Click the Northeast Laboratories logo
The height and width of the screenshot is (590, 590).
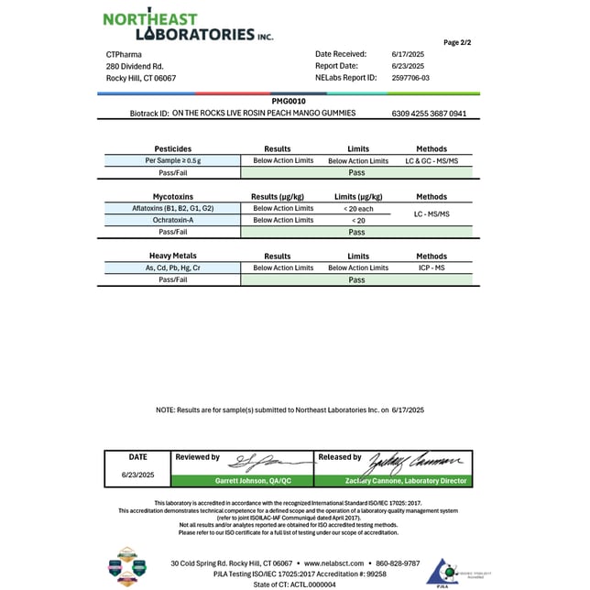(188, 26)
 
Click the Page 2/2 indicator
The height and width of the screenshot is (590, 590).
(457, 42)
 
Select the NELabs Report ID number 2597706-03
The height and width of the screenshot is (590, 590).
(410, 78)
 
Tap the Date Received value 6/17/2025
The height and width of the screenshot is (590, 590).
(408, 54)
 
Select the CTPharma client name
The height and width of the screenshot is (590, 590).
(125, 54)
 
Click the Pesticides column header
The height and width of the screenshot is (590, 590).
(172, 148)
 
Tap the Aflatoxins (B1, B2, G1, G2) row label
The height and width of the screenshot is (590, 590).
(172, 209)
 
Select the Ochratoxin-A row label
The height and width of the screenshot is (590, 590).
(172, 220)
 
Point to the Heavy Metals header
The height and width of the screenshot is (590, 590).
(172, 257)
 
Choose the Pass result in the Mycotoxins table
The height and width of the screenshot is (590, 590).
(356, 233)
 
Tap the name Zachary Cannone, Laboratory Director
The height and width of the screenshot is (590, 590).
(392, 481)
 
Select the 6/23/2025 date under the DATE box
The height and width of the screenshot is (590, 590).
(137, 475)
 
